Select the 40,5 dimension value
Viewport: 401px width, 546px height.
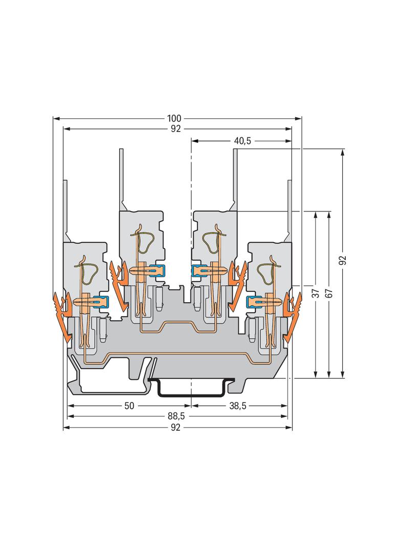242,141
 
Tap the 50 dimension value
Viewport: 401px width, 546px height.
129,406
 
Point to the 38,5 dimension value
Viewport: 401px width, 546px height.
237,406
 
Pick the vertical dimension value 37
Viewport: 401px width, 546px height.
315,293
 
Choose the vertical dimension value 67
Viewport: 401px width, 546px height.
329,293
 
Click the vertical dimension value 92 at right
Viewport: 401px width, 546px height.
343,260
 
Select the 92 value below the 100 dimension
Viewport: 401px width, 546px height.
175,129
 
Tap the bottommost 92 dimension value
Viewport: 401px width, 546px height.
175,427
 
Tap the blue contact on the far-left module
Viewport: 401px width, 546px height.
101,300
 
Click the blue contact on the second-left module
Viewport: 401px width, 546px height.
157,270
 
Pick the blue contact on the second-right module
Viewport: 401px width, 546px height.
199,270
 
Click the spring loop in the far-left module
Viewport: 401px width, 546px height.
90,271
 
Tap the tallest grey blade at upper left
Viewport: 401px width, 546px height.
121,180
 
